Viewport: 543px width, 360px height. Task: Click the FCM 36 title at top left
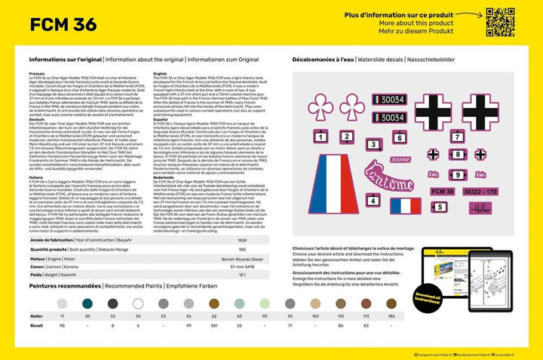coord(62,25)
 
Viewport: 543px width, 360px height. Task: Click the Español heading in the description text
coord(160,118)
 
